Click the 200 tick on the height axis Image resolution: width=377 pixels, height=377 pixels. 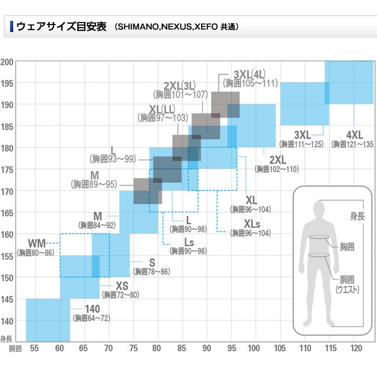tap(8, 62)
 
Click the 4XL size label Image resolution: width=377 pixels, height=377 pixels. tap(354, 134)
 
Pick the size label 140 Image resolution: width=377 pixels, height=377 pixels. tap(92, 309)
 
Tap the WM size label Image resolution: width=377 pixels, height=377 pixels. tap(37, 243)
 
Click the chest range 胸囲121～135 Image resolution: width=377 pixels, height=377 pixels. tap(353, 145)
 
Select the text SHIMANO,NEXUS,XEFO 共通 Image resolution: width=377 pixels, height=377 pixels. tap(177, 28)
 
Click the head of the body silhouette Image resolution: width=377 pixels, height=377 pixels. tap(321, 207)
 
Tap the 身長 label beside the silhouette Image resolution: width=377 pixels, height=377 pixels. tap(357, 216)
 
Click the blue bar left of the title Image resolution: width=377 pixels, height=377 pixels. tap(12, 27)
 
